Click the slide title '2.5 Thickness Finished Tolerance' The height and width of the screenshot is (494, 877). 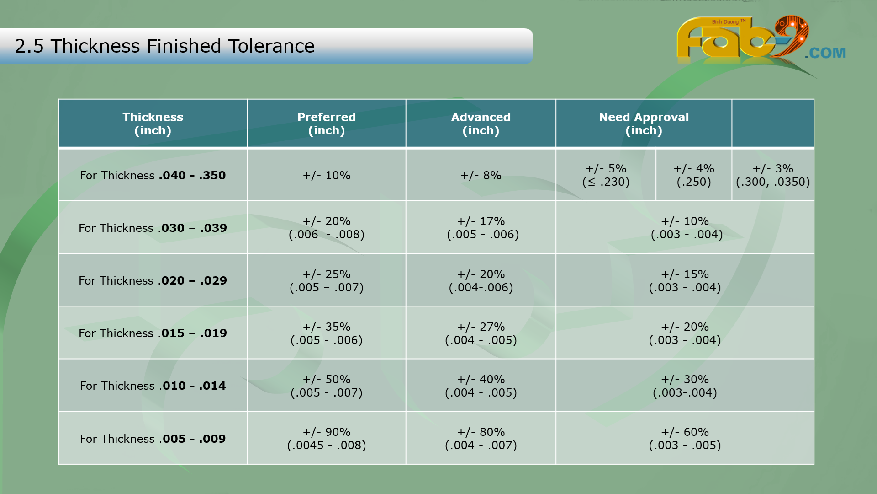click(164, 46)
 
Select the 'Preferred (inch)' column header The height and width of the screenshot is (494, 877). click(326, 123)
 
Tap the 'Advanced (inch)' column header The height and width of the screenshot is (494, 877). click(481, 123)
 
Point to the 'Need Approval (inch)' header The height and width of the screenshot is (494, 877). click(643, 123)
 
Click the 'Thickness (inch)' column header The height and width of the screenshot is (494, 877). click(153, 123)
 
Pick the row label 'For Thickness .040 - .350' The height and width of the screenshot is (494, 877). click(153, 175)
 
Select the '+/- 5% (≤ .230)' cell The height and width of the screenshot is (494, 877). click(606, 175)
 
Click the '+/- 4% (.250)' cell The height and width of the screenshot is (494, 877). click(693, 175)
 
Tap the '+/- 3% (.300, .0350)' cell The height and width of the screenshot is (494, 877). click(772, 175)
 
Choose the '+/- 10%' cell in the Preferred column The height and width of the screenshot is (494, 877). click(326, 175)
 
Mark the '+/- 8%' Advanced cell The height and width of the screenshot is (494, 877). click(481, 175)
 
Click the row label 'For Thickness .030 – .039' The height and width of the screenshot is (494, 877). click(153, 228)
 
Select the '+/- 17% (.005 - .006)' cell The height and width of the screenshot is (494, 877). click(482, 228)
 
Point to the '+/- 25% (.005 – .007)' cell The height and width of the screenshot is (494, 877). click(326, 280)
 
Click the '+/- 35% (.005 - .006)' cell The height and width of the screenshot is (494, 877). click(326, 333)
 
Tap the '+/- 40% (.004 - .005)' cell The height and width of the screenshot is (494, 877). click(481, 386)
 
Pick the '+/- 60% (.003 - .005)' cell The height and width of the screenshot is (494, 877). click(684, 438)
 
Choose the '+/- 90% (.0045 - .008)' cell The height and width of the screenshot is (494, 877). click(326, 438)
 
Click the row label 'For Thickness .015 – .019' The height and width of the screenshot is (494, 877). click(153, 333)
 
